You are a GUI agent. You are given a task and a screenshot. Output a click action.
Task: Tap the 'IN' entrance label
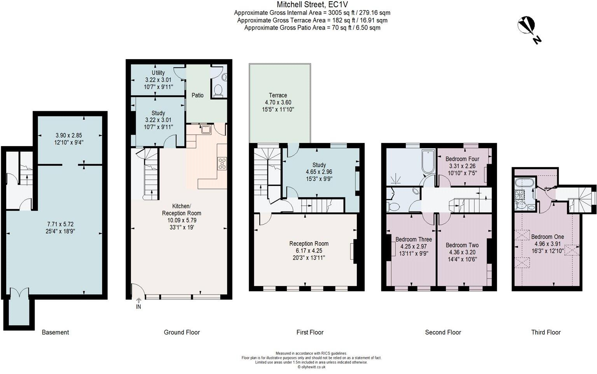[x=138, y=307]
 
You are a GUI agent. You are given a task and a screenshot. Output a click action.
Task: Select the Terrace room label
[x=278, y=95]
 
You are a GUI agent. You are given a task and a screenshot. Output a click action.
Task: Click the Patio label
[x=197, y=95]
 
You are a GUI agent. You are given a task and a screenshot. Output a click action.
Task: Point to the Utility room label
[x=158, y=73]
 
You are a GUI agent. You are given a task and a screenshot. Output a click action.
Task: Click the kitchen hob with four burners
[x=222, y=164]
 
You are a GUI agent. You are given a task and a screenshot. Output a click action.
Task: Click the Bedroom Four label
[x=463, y=159]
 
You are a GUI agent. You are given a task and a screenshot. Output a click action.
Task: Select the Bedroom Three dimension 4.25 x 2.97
[x=414, y=246]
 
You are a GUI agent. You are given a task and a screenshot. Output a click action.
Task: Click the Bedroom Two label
[x=462, y=245]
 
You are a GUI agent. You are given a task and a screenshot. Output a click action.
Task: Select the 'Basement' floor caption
[x=55, y=332]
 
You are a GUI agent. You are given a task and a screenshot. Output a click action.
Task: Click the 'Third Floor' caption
[x=546, y=332]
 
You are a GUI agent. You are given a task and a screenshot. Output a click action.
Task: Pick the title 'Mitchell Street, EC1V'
[x=312, y=5]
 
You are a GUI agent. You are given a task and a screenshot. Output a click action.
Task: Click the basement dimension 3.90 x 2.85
[x=69, y=135]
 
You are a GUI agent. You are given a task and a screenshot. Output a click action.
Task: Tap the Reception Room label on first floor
[x=309, y=243]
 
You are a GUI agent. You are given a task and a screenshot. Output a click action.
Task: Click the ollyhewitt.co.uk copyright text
[x=312, y=367]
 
